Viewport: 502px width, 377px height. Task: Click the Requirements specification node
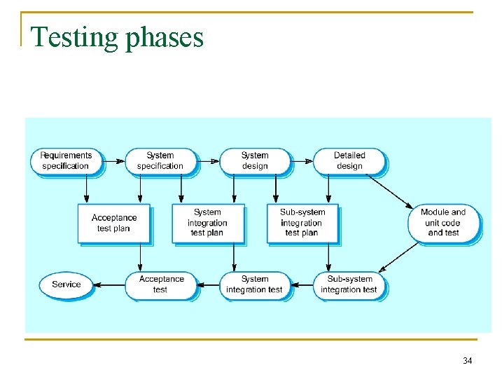[x=66, y=160]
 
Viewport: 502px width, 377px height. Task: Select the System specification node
[x=160, y=160]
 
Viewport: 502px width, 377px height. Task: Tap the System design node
[x=255, y=160]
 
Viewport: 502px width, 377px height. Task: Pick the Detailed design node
[x=349, y=160]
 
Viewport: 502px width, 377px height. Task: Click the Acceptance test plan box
[x=113, y=223]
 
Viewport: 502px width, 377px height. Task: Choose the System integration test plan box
[x=207, y=223]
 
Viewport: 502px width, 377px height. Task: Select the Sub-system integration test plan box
[x=302, y=223]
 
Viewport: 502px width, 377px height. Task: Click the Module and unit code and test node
[x=443, y=223]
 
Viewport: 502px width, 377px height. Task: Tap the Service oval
[x=67, y=285]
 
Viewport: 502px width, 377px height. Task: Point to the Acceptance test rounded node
[x=160, y=285]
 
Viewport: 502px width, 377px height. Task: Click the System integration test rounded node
[x=254, y=285]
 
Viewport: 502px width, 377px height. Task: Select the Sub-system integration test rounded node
[x=349, y=285]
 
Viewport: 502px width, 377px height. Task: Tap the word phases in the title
[x=165, y=37]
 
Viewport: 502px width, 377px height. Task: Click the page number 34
[x=468, y=361]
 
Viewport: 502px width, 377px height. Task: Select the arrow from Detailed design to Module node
[x=390, y=190]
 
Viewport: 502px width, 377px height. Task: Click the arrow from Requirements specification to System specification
[x=113, y=160]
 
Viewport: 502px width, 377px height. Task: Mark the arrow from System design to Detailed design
[x=302, y=160]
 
